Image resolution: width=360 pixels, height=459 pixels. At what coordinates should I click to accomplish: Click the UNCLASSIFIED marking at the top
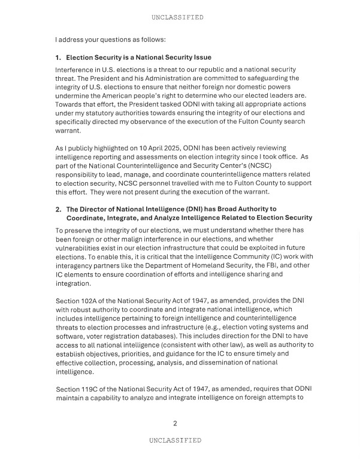177,17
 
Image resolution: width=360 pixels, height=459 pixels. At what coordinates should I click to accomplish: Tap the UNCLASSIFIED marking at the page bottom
175,440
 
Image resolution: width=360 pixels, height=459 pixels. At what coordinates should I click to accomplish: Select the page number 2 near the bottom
175,424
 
